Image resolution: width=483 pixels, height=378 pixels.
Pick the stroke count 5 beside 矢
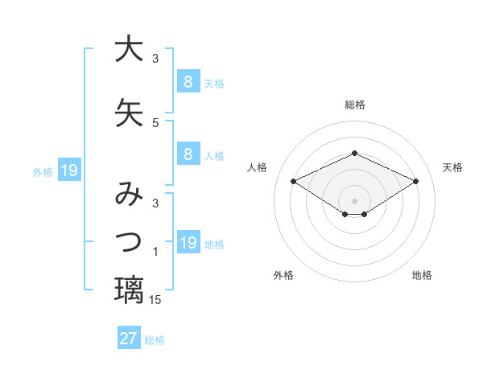(155, 123)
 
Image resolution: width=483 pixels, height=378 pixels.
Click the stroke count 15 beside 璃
(155, 300)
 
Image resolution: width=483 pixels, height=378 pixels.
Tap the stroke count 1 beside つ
(155, 253)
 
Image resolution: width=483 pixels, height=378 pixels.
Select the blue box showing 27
(129, 339)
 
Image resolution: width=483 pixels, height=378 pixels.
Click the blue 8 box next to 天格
(188, 81)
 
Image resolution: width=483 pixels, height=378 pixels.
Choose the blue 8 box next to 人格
(188, 154)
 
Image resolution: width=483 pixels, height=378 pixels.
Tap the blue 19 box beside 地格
(188, 243)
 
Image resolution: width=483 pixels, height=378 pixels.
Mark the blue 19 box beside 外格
(69, 171)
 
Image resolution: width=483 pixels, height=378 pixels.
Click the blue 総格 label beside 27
(155, 340)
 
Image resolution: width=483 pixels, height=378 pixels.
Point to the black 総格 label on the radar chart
(355, 105)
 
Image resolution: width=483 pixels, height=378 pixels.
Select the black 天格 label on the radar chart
(453, 167)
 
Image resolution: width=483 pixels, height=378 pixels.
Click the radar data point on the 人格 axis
(294, 180)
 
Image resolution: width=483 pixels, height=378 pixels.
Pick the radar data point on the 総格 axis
(355, 153)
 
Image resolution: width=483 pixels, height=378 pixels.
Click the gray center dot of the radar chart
(355, 200)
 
